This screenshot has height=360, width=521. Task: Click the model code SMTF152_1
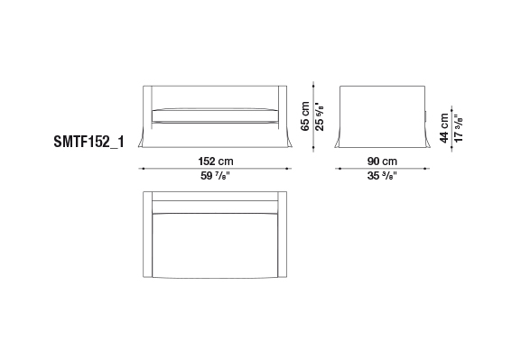click(x=88, y=142)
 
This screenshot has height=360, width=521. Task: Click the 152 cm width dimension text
click(x=216, y=162)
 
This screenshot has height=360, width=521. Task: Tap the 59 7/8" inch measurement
click(x=215, y=176)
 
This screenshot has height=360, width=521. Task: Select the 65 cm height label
click(x=304, y=116)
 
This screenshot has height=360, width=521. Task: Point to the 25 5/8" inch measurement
click(x=319, y=116)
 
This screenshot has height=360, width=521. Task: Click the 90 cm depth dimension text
click(x=382, y=162)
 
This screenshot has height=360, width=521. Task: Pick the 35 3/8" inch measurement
click(x=382, y=176)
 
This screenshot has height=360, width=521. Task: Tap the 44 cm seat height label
click(x=444, y=128)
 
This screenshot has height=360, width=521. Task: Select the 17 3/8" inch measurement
click(x=459, y=128)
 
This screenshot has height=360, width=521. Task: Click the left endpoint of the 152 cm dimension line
click(x=144, y=169)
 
